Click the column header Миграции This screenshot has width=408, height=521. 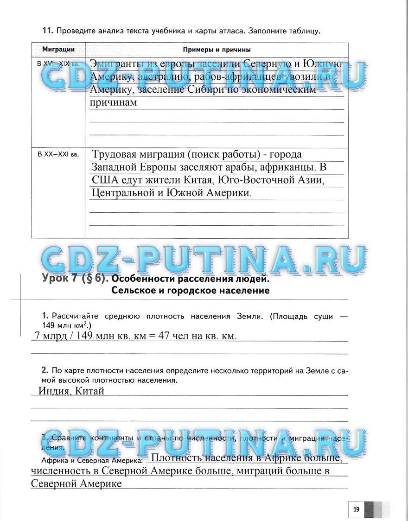click(58, 49)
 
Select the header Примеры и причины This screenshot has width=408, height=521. click(217, 49)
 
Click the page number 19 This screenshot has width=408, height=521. click(356, 509)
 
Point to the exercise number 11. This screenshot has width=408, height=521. click(46, 31)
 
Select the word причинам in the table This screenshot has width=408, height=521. click(114, 102)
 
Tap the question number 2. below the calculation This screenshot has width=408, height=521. click(45, 370)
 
